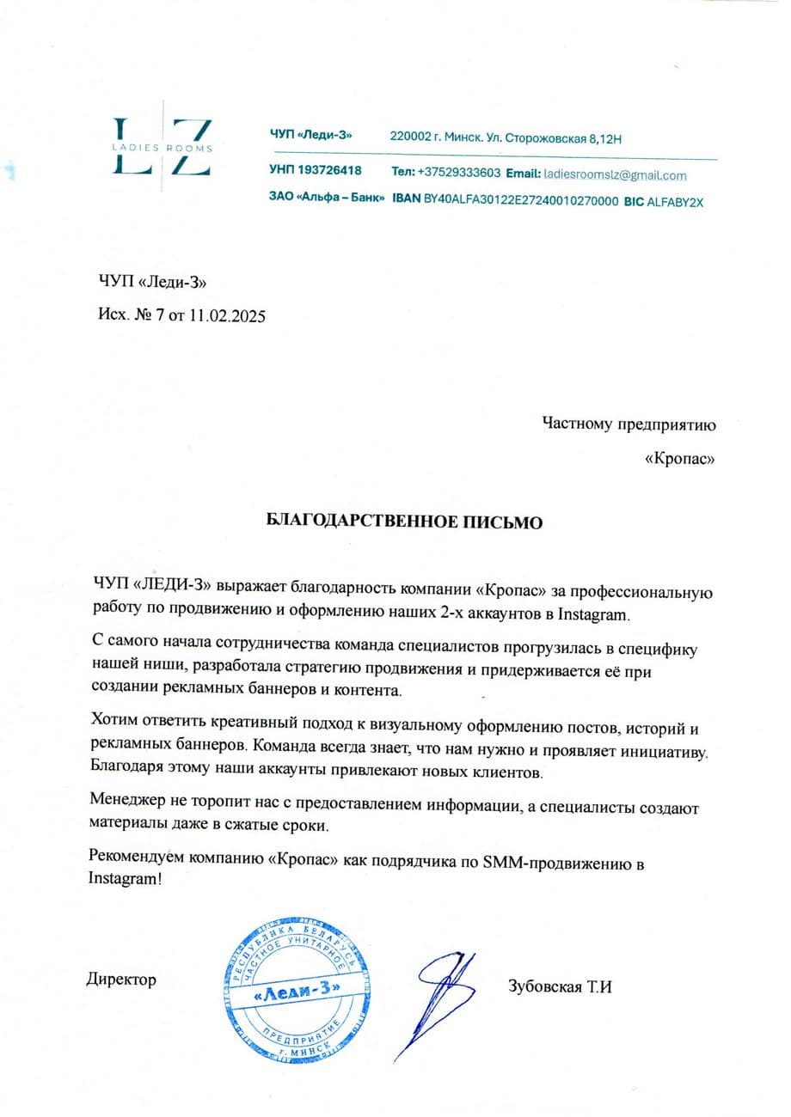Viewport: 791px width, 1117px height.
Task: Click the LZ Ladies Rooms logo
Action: coord(163,147)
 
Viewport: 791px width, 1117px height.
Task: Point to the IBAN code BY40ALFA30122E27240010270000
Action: coord(521,200)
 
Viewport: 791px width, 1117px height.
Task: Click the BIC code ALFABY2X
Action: coord(674,201)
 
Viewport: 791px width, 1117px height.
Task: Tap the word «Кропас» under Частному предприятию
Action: coord(680,459)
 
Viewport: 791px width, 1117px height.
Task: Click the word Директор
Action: coord(121,979)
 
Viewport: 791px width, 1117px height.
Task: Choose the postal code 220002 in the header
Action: coord(410,137)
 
